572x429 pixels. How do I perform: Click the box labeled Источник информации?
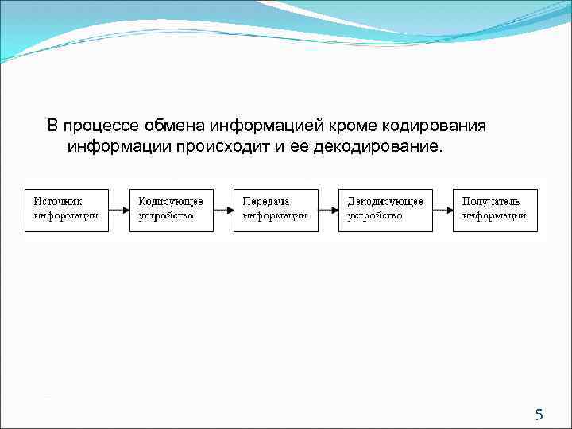(x=67, y=210)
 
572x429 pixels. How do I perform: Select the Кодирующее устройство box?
(x=171, y=210)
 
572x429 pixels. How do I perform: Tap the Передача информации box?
(x=276, y=210)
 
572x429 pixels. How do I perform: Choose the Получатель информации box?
(x=495, y=210)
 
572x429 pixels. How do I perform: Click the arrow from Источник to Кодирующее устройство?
(x=118, y=210)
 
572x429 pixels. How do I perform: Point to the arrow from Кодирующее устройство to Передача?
(x=223, y=210)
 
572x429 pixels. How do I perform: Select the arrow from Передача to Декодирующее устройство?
(x=328, y=210)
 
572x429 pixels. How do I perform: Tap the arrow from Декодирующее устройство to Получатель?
(x=443, y=210)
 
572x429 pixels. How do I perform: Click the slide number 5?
(x=539, y=414)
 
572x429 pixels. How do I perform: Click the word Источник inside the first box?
(x=58, y=202)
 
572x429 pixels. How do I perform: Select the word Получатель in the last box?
(x=492, y=202)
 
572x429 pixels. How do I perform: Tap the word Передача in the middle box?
(x=266, y=202)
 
